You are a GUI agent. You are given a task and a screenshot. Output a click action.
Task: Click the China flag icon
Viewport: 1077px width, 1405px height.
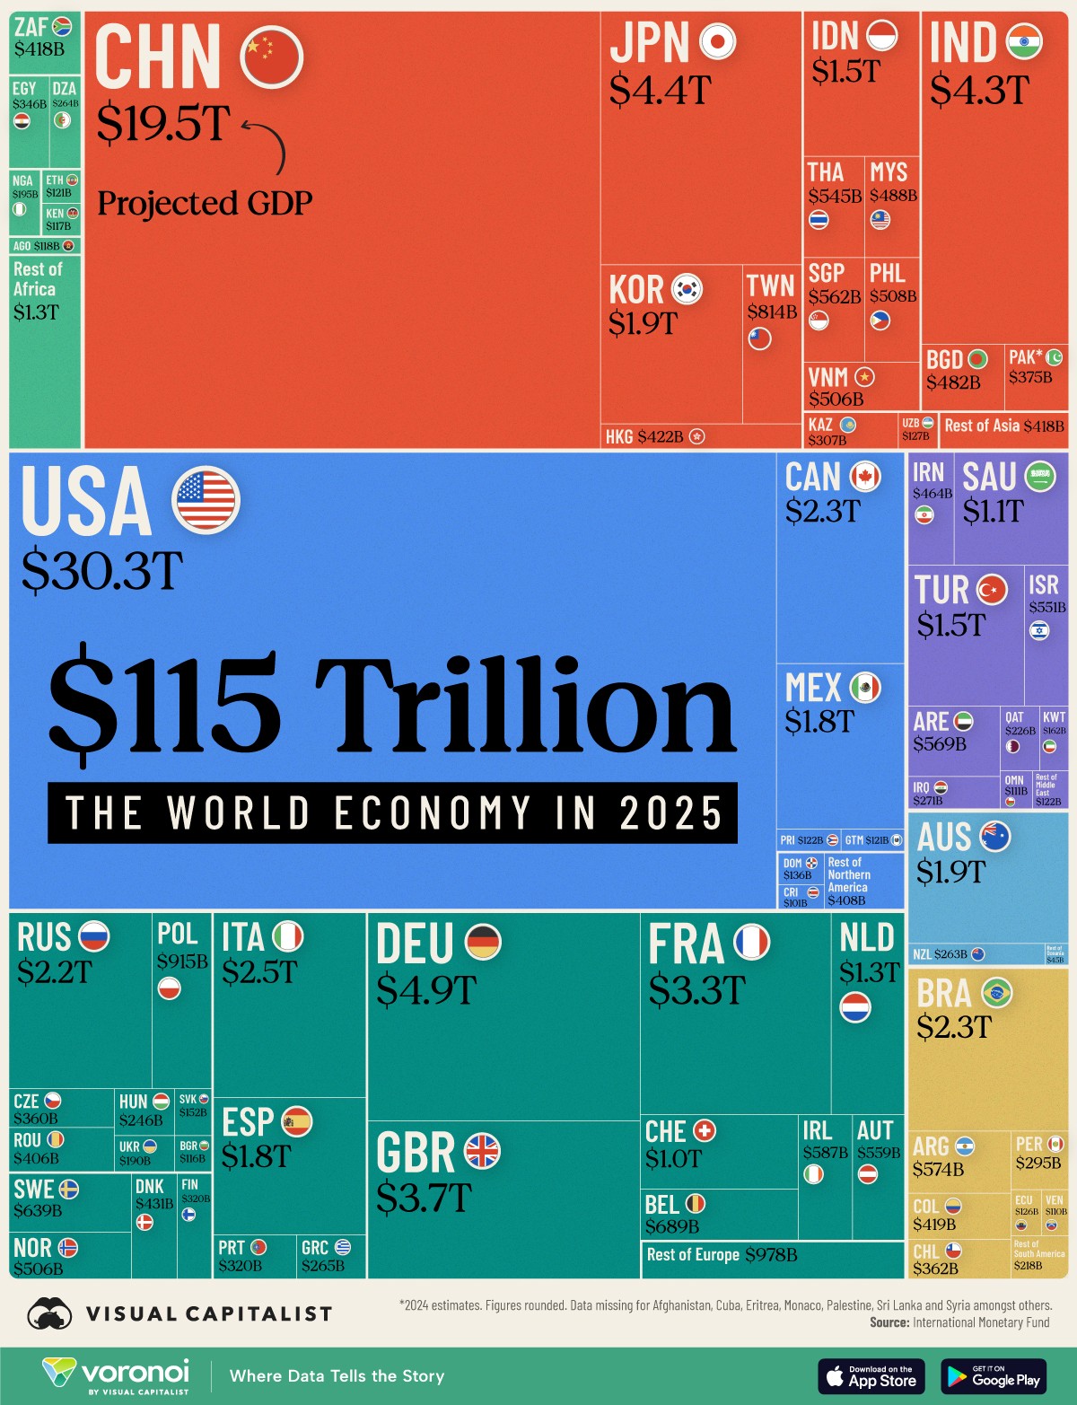click(x=272, y=56)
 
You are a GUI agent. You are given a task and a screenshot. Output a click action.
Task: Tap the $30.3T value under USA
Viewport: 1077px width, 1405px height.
click(x=102, y=570)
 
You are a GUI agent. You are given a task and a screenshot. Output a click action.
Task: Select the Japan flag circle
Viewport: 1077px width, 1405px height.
click(x=717, y=41)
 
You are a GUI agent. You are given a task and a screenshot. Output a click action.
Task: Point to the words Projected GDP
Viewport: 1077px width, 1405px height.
click(x=205, y=204)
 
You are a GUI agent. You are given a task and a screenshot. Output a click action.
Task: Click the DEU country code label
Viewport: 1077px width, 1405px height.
click(x=415, y=944)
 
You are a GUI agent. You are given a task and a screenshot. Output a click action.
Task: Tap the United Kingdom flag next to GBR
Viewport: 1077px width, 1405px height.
click(x=482, y=1151)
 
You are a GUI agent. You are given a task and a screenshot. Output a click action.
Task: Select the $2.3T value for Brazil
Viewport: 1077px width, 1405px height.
click(x=954, y=1026)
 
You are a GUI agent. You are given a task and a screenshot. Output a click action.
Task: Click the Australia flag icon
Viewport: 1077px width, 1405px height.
click(x=995, y=837)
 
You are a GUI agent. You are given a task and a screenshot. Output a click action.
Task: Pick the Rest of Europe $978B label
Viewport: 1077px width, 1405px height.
click(x=722, y=1254)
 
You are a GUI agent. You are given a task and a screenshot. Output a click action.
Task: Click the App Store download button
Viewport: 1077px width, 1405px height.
click(x=871, y=1375)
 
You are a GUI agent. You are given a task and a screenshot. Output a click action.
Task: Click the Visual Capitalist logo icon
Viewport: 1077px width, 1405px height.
click(x=50, y=1314)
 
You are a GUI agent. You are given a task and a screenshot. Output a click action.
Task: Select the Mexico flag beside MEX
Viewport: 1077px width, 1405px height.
click(x=865, y=688)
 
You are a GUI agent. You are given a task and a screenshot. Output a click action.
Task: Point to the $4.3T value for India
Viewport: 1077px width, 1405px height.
click(x=979, y=90)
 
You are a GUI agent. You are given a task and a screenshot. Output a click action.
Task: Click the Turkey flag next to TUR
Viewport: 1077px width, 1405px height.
click(x=992, y=589)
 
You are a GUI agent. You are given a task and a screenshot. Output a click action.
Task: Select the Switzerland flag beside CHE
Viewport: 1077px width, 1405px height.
click(x=705, y=1131)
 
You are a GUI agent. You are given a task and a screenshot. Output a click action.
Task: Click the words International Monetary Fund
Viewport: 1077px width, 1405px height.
click(x=981, y=1322)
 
